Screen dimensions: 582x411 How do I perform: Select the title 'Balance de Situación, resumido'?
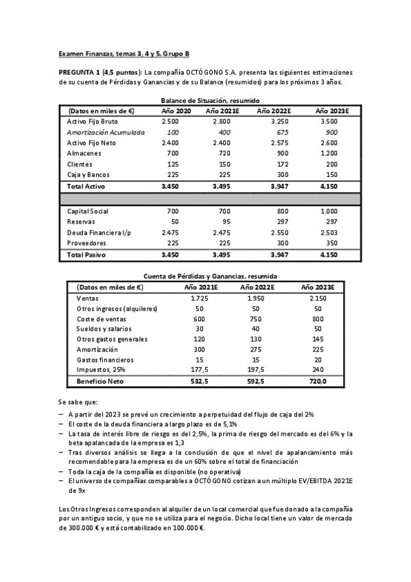(x=205, y=100)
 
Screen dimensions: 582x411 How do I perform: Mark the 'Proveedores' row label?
(x=86, y=244)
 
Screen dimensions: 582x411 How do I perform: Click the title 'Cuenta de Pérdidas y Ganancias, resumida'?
(x=206, y=275)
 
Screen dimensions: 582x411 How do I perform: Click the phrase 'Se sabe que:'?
(x=78, y=402)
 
